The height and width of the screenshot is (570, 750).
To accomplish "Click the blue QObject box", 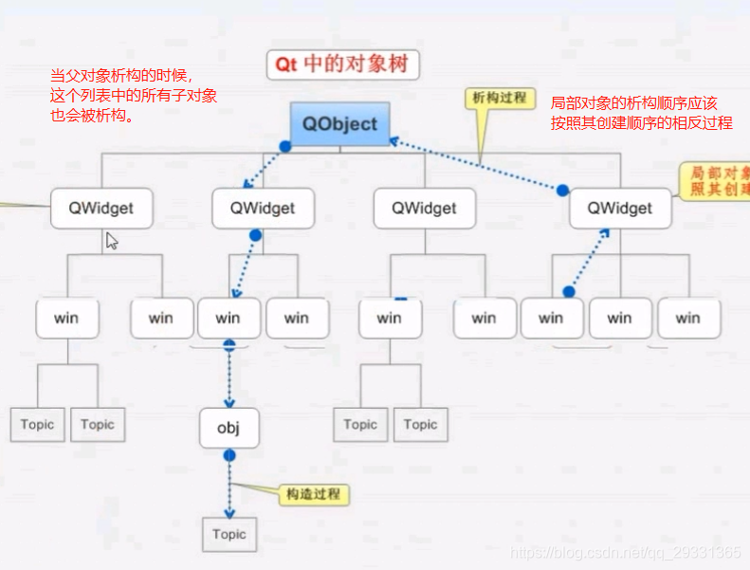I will coord(339,123).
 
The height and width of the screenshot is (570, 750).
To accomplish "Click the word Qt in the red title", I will coord(286,64).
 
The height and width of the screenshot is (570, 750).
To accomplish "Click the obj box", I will coord(229,428).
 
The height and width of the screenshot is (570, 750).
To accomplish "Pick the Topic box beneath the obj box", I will coord(229,534).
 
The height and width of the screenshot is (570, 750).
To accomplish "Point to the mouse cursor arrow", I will coord(111,240).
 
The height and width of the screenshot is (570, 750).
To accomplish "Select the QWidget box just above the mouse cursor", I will coord(102,208).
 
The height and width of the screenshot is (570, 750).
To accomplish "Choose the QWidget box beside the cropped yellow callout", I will coord(620,208).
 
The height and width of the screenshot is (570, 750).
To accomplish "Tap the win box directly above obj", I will coord(228,318).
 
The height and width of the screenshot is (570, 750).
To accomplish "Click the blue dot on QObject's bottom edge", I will coord(284,147).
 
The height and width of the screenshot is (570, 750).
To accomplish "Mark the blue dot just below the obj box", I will coord(229,456).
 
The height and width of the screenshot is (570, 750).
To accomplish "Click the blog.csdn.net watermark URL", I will coord(626,552).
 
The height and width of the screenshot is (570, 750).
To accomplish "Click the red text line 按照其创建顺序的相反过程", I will coord(642,123).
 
